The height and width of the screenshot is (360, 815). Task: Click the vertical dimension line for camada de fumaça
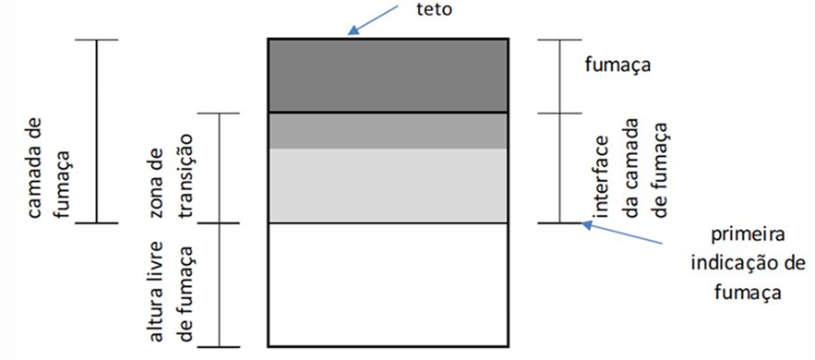click(97, 131)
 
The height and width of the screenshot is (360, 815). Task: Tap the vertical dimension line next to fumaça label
click(559, 76)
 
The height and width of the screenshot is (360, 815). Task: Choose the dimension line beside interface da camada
click(559, 168)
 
